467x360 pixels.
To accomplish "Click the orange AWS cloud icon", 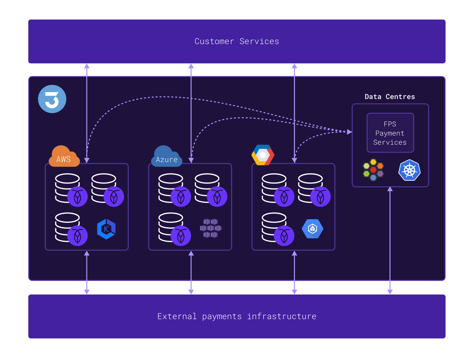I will (64, 157).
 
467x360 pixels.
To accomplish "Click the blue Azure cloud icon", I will (166, 157).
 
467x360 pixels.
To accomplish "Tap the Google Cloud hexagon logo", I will (263, 155).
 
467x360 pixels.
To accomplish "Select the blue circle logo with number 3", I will (52, 99).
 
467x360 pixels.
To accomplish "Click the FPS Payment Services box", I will (390, 133).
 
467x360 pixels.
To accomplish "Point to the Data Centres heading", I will (390, 97).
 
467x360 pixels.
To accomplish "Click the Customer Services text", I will (237, 41).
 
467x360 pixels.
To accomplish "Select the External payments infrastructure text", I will (237, 317).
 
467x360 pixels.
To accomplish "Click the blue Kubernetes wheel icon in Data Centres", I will (409, 170).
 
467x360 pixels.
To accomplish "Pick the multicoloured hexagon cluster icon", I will (373, 170).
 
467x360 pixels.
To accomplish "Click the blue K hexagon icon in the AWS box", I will (106, 229).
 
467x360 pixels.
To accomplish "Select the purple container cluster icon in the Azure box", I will (210, 228).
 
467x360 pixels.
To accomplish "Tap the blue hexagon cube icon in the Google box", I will (312, 229).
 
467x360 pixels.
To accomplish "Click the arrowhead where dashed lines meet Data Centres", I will (349, 132).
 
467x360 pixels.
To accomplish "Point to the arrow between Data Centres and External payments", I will (390, 242).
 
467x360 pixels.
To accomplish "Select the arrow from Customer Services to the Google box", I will (294, 112).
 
